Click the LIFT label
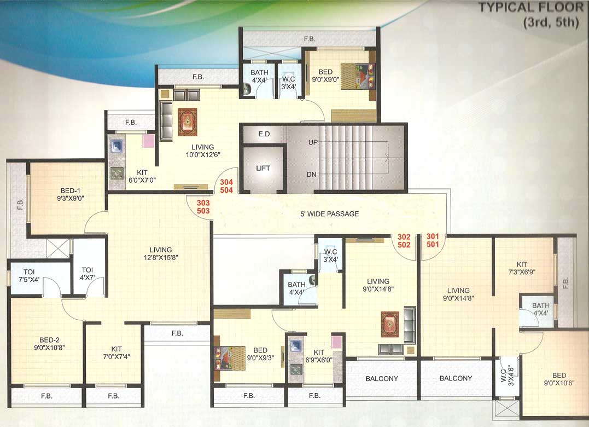click(263, 169)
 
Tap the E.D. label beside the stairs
click(265, 134)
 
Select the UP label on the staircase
click(313, 142)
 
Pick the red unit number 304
click(226, 182)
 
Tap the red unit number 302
click(404, 237)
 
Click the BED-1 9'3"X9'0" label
click(67, 195)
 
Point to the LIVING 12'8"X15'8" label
click(158, 254)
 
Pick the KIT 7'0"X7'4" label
click(116, 352)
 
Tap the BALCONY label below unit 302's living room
click(382, 378)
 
